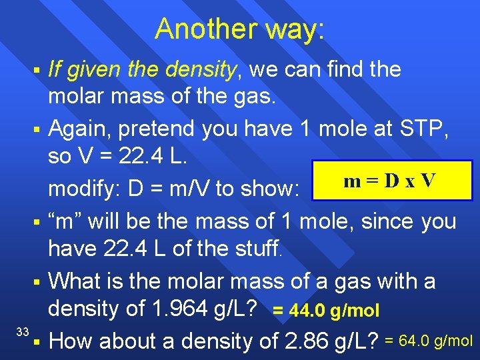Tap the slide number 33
click(22, 331)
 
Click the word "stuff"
click(257, 250)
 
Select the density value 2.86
click(314, 341)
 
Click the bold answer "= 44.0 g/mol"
click(326, 310)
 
